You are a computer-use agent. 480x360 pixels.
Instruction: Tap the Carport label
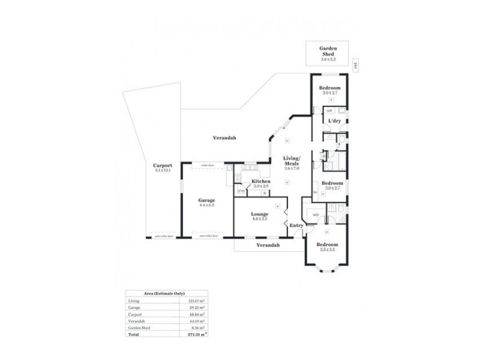163,166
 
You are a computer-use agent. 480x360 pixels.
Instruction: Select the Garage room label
207,200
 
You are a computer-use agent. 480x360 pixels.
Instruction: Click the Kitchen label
261,181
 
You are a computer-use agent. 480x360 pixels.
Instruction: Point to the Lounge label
260,214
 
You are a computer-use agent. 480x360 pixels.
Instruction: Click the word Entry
296,225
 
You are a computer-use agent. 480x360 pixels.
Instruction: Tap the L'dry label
334,121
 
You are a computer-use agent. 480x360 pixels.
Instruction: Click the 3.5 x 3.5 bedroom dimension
327,249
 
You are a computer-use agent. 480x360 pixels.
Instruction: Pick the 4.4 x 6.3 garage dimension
207,205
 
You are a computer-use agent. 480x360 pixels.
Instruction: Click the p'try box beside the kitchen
241,191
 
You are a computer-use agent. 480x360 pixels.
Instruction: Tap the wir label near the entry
316,214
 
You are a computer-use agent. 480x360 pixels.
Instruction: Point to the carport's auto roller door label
164,236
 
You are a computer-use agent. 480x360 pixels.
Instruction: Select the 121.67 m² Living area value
196,301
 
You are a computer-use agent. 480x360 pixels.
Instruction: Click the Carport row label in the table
135,314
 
